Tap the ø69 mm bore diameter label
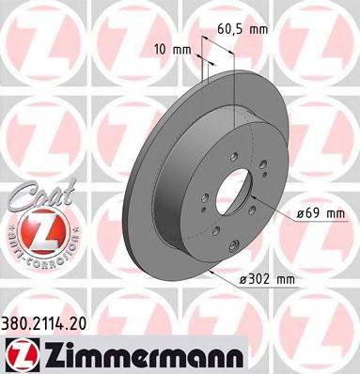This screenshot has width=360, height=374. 321,213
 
